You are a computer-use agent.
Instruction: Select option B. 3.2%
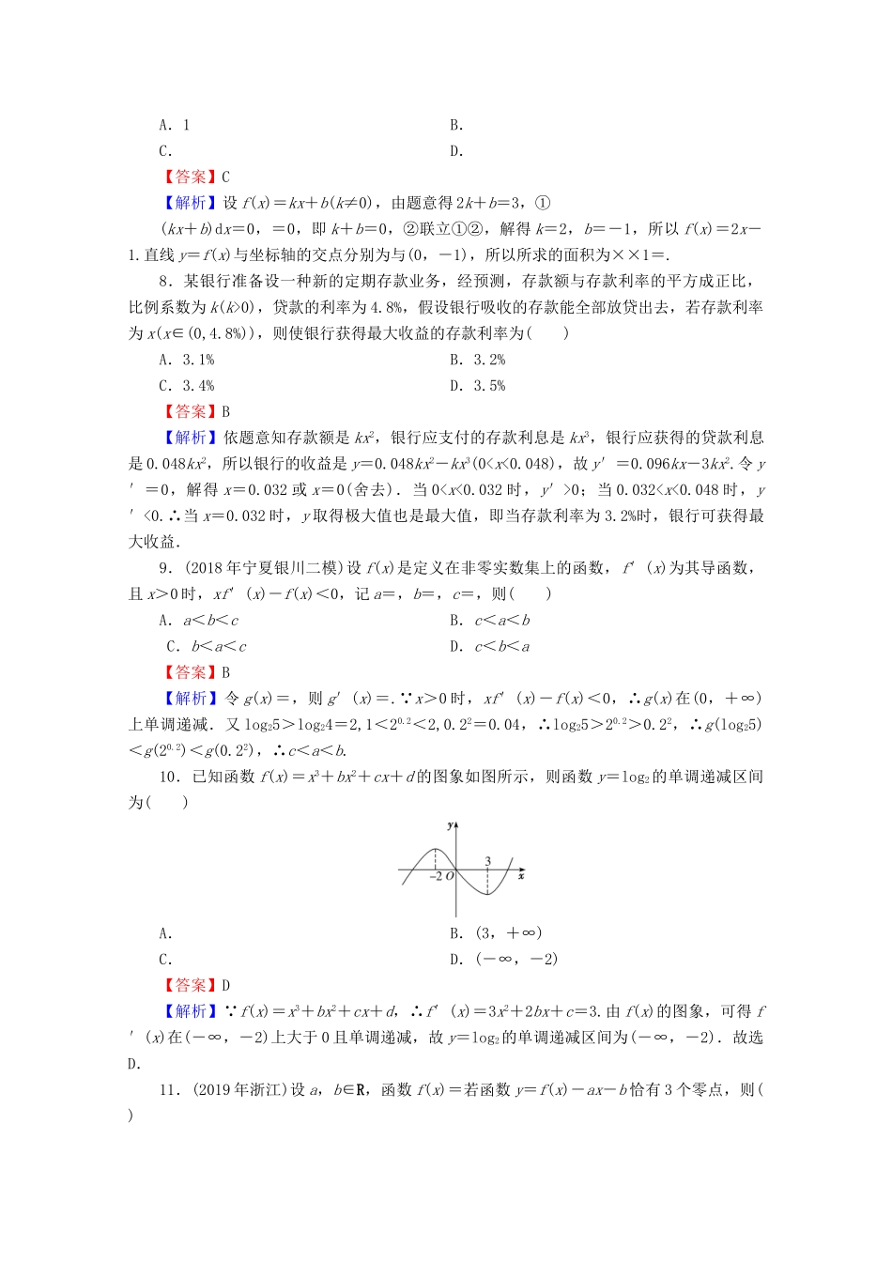point(477,360)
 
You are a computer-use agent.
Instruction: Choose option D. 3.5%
point(477,386)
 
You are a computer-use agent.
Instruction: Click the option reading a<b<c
point(198,621)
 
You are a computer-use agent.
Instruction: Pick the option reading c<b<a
point(489,647)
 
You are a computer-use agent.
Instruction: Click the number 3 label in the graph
point(488,861)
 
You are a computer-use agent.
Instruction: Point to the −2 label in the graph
point(436,877)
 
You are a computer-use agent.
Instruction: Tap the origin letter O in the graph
point(450,877)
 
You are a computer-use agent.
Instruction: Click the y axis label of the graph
point(451,825)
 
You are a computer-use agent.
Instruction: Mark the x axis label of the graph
point(521,876)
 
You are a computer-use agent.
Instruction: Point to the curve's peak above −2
point(436,851)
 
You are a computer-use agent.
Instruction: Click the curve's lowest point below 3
point(488,893)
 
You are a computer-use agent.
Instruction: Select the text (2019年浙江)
point(240,1089)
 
